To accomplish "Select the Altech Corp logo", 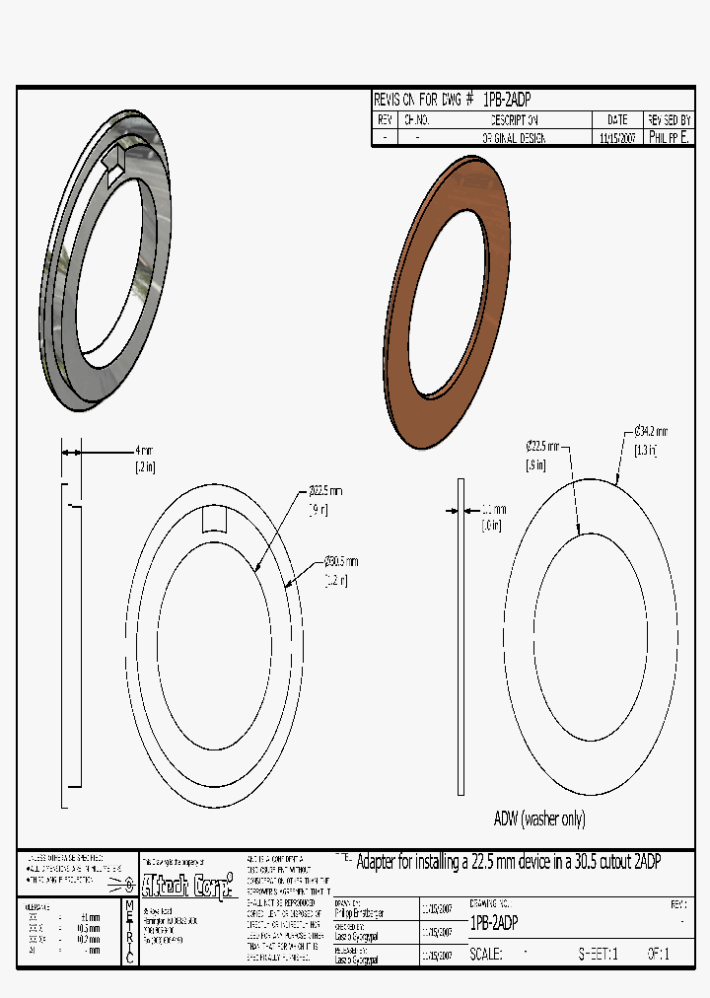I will [188, 881].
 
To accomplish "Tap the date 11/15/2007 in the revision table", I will [617, 139].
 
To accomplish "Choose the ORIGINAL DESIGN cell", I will [513, 139].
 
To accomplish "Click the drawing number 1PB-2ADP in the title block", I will [494, 924].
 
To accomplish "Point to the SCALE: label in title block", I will [486, 955].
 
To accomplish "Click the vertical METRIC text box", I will [129, 932].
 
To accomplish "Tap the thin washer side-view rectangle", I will [460, 636].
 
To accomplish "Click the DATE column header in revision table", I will [617, 119].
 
